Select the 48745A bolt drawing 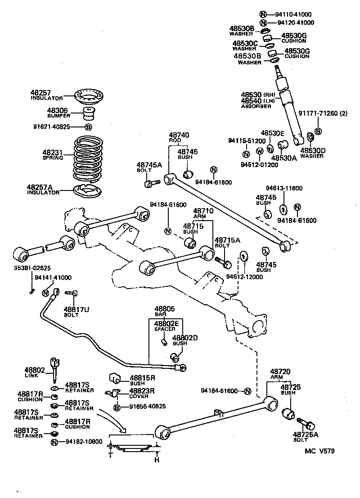point(151,183)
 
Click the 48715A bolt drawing point(222,261)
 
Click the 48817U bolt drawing point(72,294)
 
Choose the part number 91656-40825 point(147,406)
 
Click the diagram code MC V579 point(319,451)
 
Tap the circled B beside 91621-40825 point(88,127)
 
